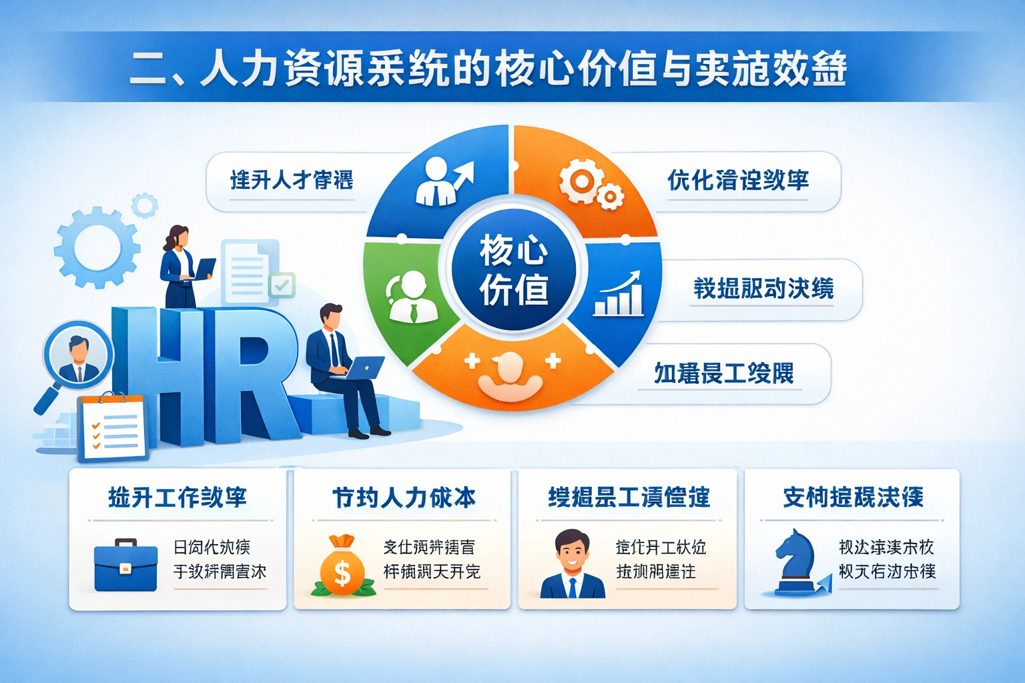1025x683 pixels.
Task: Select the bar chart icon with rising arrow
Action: coord(619,294)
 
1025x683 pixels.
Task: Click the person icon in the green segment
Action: coord(411,297)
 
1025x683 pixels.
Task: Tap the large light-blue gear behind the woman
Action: coord(97,247)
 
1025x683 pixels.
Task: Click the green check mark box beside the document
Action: coord(282,285)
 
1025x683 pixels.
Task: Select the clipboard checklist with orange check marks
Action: coord(113,428)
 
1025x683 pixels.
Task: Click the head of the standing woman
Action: coord(178,236)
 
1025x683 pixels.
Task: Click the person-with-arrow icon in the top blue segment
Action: coord(442,181)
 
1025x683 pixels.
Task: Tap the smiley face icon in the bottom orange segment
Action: coord(511,374)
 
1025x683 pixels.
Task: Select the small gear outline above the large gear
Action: coord(144,205)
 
